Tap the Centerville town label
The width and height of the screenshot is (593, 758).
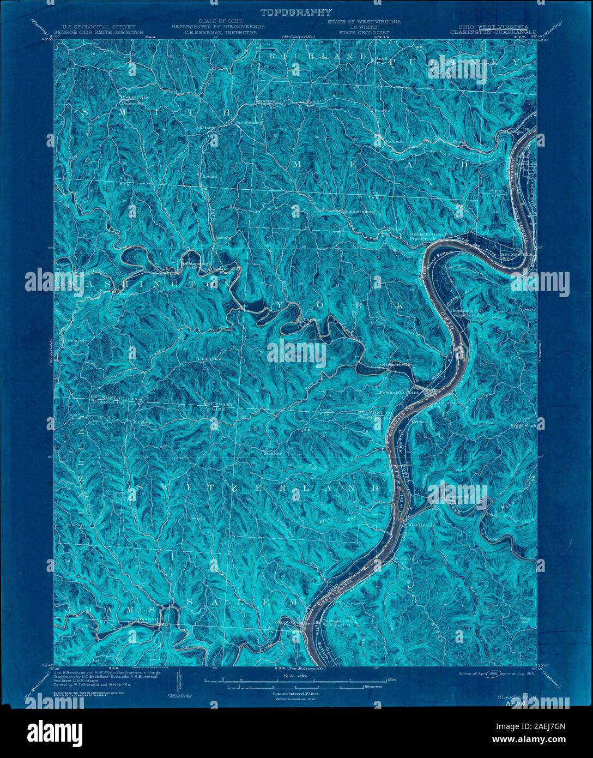pos(136,97)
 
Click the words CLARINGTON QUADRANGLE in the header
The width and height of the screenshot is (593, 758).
pos(493,32)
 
